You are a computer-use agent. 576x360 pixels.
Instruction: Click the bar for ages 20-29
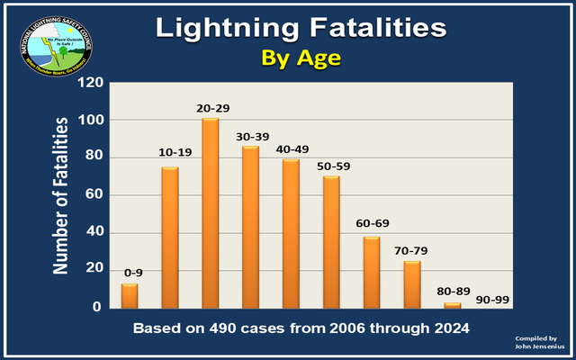[x=211, y=213]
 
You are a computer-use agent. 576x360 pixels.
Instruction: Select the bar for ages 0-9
[x=130, y=296]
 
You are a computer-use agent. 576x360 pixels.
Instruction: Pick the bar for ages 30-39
[x=251, y=227]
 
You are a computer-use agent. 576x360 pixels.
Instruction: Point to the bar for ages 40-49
[x=291, y=234]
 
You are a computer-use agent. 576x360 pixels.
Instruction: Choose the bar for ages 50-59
[x=331, y=242]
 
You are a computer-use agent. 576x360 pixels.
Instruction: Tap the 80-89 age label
[x=453, y=290]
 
